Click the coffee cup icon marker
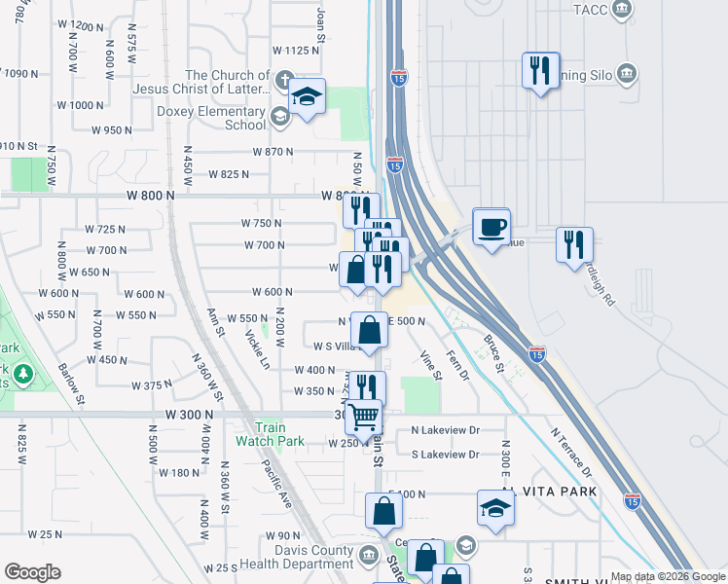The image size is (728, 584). [491, 227]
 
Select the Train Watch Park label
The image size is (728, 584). [270, 434]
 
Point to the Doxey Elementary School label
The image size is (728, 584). [211, 118]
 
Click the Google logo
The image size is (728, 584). [32, 572]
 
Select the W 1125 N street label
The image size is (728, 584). [296, 50]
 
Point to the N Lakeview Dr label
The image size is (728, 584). [445, 429]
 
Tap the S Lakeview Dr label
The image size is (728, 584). [445, 455]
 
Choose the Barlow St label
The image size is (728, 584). [71, 383]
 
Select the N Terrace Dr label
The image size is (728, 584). [570, 454]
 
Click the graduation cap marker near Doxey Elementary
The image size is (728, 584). [307, 97]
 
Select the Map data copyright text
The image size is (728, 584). [668, 576]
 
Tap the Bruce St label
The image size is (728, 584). [492, 354]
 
